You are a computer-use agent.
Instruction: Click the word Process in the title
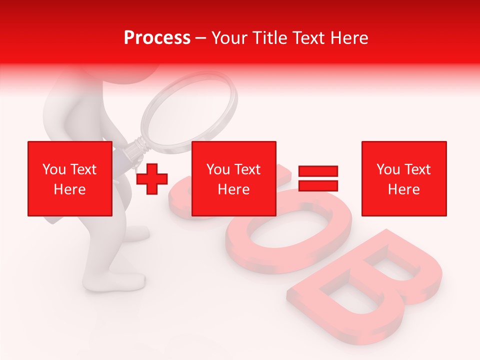(x=157, y=38)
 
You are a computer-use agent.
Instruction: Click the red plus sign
(x=152, y=179)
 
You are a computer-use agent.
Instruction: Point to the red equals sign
(x=318, y=178)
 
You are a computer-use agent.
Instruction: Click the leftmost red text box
(x=70, y=178)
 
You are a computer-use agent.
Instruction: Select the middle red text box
(x=234, y=178)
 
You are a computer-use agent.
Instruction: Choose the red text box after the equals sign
(x=404, y=178)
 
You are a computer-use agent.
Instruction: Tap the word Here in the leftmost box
(x=69, y=189)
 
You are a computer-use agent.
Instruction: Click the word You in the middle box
(x=218, y=169)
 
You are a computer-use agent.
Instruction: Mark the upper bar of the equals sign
(x=318, y=171)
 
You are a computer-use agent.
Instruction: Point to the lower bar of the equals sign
(x=318, y=186)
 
